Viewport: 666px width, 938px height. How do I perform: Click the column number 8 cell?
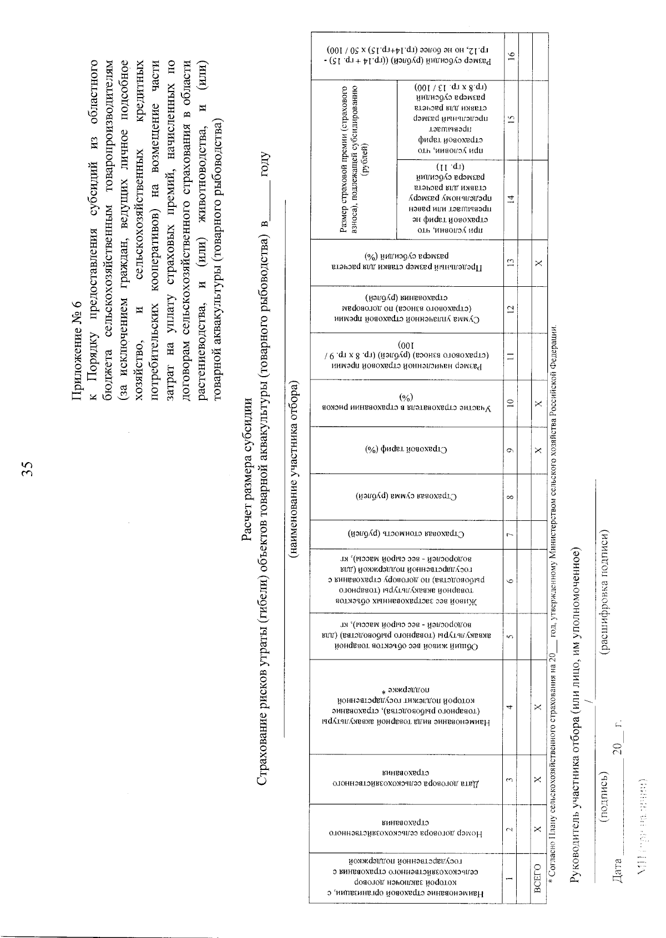510,496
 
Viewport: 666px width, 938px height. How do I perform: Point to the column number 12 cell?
510,308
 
